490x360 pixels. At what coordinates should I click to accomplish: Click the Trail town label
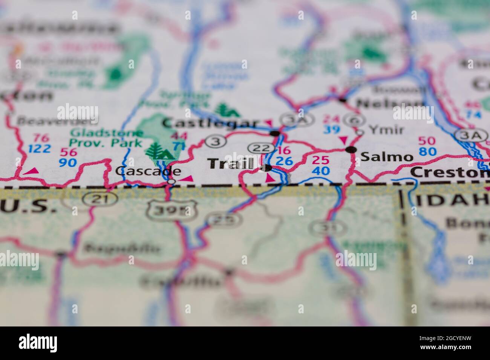pos(231,164)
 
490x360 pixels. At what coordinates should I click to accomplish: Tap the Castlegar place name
pos(210,123)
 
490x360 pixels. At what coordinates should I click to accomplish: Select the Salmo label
pos(387,157)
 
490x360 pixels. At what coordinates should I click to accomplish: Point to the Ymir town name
pos(386,130)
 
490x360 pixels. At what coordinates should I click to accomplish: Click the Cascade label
pos(148,171)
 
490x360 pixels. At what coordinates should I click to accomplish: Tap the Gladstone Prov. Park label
pos(107,138)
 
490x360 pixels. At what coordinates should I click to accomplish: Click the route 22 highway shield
pos(260,148)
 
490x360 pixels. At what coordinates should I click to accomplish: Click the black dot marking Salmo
pos(352,150)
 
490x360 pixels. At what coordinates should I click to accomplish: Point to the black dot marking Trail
pos(267,168)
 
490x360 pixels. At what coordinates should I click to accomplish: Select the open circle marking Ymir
pos(360,132)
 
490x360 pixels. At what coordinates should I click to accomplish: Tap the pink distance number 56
pos(69,153)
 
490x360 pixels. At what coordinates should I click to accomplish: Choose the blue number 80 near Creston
pos(427,152)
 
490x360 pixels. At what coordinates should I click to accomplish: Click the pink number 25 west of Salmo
pos(320,160)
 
